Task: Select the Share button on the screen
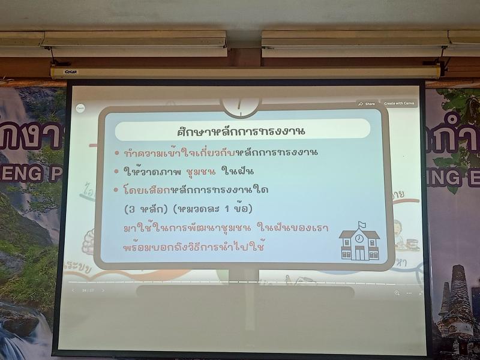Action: pos(367,103)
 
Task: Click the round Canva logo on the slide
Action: pos(80,108)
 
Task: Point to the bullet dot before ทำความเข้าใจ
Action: pos(117,153)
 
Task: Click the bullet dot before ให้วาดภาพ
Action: pos(117,172)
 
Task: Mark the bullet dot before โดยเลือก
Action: pos(117,190)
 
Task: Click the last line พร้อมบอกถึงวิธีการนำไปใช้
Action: pos(194,247)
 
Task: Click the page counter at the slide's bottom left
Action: pos(88,290)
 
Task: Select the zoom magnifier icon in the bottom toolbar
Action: pos(397,293)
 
